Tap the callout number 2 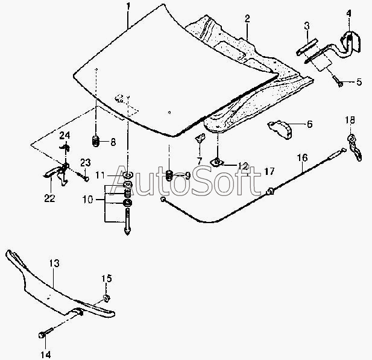[x=247, y=19]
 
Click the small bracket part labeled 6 [x=281, y=126]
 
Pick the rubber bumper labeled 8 [x=95, y=142]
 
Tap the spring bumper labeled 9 [x=169, y=175]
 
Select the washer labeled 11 [x=128, y=175]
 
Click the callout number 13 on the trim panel [x=54, y=264]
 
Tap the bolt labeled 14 [x=42, y=333]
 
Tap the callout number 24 [x=65, y=134]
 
